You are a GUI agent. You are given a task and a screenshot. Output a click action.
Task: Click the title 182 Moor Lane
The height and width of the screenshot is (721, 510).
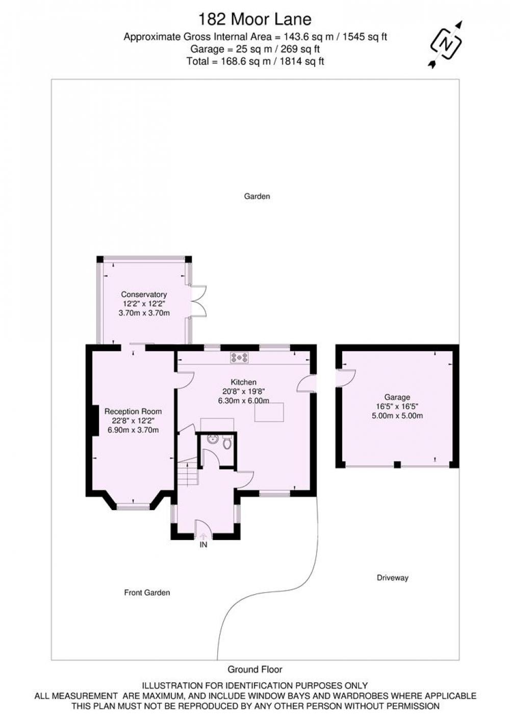[255, 19]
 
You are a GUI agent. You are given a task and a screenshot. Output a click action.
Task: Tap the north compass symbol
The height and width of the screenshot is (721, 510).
[446, 44]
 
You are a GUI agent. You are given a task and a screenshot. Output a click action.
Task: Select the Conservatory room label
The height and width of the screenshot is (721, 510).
[144, 294]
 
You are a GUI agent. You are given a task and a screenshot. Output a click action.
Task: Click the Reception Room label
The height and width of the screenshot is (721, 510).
[133, 411]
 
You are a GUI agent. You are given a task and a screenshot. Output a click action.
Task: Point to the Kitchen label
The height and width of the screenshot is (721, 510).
[244, 382]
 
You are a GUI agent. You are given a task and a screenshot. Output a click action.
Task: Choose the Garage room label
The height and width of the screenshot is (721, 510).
[397, 397]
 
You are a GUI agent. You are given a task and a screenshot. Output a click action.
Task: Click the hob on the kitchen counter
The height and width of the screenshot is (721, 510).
[239, 358]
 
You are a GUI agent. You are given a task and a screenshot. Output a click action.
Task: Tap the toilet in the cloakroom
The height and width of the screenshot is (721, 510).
[227, 443]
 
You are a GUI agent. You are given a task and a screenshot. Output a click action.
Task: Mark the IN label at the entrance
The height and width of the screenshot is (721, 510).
[203, 545]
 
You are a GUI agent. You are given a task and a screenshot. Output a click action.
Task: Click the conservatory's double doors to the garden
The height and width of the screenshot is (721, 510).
[198, 301]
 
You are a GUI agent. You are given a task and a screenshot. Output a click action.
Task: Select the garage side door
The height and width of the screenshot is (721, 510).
[345, 377]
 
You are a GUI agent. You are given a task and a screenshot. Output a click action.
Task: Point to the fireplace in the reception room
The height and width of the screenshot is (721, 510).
[94, 420]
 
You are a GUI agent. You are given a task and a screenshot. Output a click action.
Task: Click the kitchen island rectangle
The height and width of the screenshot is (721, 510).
[269, 412]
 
